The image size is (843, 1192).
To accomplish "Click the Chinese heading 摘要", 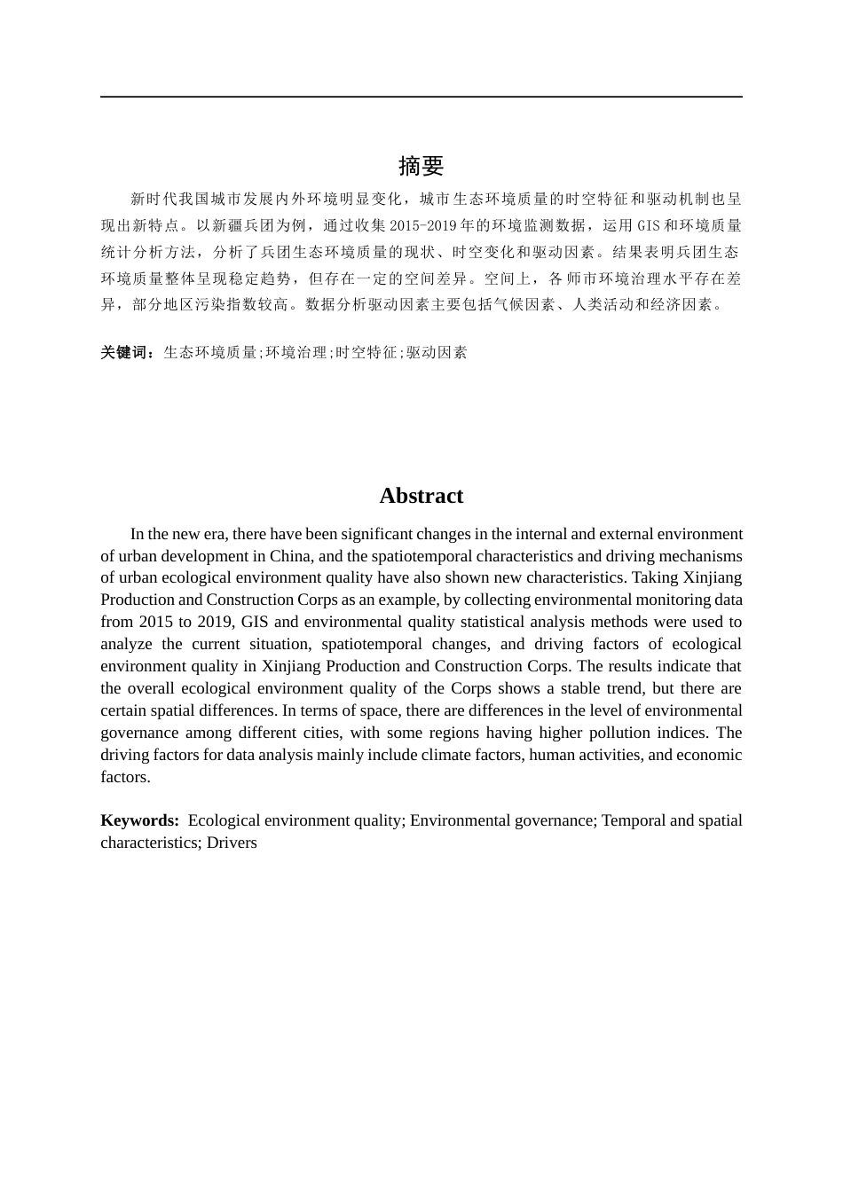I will click(x=421, y=166).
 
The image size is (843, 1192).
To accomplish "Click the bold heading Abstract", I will click(x=421, y=496).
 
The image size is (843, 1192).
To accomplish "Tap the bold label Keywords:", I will click(x=139, y=820).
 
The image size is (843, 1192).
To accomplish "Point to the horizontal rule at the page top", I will click(x=421, y=97).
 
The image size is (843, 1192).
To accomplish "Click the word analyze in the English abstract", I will click(x=126, y=644).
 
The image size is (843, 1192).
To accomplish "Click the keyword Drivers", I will click(x=232, y=843).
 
